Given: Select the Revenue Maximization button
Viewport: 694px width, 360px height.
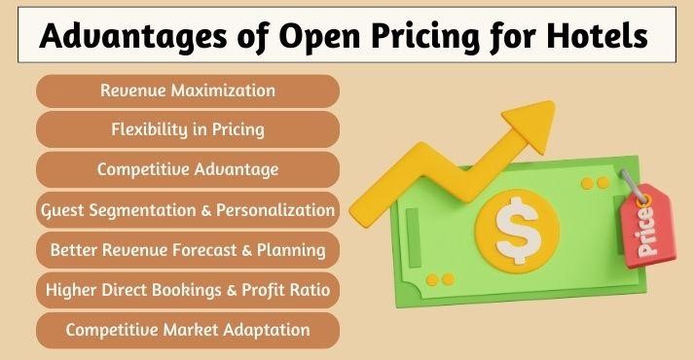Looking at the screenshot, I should tap(188, 90).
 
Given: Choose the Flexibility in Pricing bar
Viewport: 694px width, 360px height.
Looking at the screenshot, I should tap(188, 129).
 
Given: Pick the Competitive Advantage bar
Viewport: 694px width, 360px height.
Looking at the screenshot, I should tap(188, 169).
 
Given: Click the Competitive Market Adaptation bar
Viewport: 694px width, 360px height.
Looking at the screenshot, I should tap(188, 330).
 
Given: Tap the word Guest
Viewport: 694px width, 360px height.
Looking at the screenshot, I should tap(64, 209).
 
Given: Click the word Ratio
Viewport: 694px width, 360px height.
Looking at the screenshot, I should tap(309, 289).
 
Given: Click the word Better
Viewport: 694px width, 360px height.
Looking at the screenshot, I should tap(75, 250).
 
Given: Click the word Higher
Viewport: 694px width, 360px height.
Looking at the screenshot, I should tap(71, 289).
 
